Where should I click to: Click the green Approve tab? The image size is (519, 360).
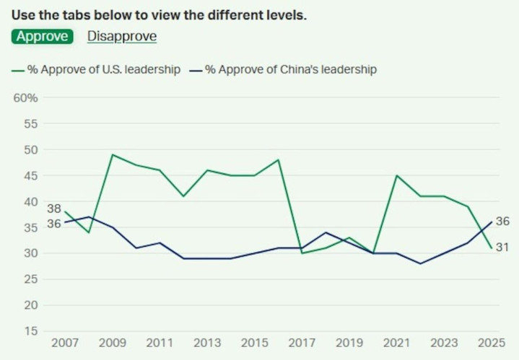point(43,36)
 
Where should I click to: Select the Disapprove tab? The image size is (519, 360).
point(121,36)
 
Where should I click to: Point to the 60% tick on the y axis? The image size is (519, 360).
point(25,97)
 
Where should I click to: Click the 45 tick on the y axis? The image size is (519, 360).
point(30,175)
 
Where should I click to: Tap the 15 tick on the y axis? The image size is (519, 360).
point(30,331)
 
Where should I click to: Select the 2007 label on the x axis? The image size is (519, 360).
point(65,343)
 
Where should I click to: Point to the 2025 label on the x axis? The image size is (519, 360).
point(491,343)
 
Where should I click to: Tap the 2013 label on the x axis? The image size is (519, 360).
point(208,343)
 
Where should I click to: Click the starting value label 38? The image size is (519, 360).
point(54,208)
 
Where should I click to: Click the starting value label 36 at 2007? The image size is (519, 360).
point(54,224)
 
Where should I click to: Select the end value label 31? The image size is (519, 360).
point(502,247)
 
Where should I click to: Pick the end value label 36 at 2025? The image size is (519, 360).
point(502,221)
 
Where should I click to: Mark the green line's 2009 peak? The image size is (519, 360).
point(113,154)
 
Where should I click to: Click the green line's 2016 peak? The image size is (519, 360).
point(279,159)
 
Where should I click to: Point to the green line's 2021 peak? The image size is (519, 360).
point(397,175)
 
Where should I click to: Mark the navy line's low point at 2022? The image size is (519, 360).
point(421,263)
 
